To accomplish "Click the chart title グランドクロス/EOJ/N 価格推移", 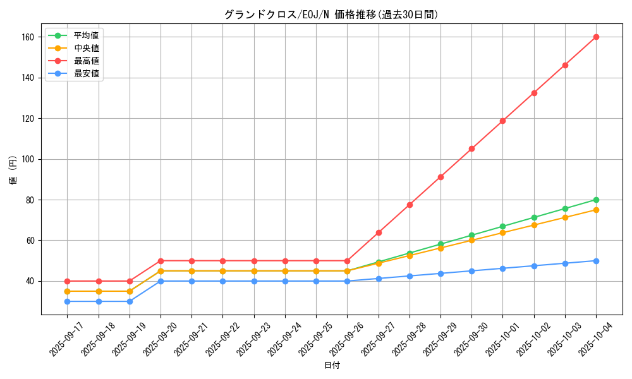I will tap(331, 15).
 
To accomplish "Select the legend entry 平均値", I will tap(86, 35).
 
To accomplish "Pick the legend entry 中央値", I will tap(86, 48).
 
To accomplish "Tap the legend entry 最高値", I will tap(86, 61).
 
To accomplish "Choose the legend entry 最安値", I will tap(86, 73).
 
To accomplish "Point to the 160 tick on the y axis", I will tap(29, 37).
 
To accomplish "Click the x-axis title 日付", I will tap(332, 366).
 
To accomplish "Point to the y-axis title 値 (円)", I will tap(13, 171).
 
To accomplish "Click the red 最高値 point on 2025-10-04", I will tap(596, 37).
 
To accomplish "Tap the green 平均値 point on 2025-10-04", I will tap(596, 200).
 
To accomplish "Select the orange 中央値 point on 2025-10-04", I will tap(596, 210).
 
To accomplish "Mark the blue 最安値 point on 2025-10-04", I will tap(596, 261).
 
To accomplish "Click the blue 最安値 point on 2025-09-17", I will tap(67, 301).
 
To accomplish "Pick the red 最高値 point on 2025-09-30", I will tap(471, 148).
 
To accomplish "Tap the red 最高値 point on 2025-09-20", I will tap(161, 261).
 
